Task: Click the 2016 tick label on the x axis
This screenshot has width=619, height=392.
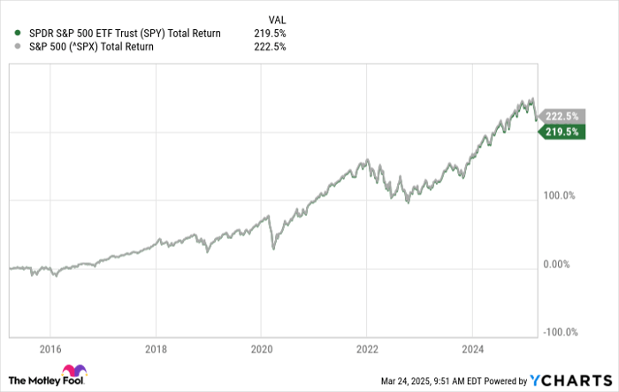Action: (x=50, y=348)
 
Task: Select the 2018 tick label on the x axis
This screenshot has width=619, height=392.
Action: (x=156, y=348)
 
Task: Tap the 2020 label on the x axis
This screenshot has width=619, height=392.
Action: (x=261, y=348)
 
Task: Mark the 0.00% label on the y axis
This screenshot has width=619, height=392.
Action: (x=561, y=264)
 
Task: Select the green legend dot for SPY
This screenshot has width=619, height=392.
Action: (x=19, y=34)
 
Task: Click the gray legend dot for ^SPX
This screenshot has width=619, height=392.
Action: (x=19, y=47)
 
